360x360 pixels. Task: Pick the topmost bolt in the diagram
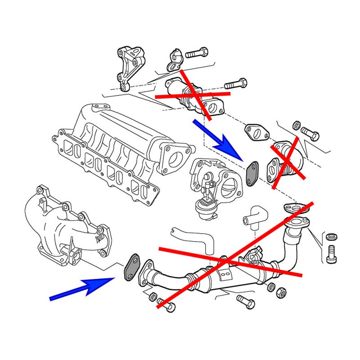(x=196, y=53)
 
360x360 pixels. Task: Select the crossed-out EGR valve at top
(x=193, y=92)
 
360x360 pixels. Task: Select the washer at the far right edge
(x=332, y=236)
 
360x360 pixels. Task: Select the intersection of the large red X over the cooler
(x=225, y=260)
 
